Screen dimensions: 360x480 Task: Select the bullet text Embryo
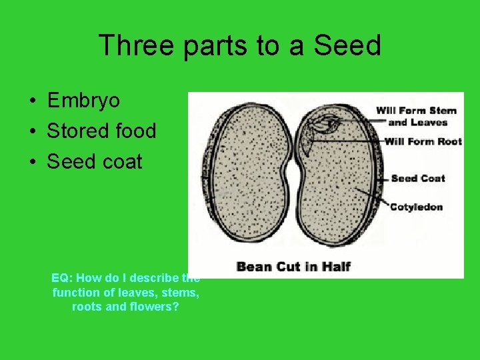click(x=83, y=101)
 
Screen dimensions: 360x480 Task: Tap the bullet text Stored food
click(x=101, y=131)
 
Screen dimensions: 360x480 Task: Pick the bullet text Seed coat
click(x=94, y=161)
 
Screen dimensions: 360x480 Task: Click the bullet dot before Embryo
click(x=32, y=101)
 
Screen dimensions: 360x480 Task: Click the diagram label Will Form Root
click(x=423, y=141)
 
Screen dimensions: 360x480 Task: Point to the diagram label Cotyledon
click(x=416, y=207)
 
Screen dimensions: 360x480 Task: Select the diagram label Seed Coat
click(x=417, y=178)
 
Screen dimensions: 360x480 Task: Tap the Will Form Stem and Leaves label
click(x=416, y=116)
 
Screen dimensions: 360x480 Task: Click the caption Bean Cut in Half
click(x=293, y=267)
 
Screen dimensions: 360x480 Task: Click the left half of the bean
click(x=244, y=180)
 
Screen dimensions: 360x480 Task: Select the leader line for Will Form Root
click(x=347, y=141)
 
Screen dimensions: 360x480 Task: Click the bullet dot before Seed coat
click(x=32, y=162)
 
